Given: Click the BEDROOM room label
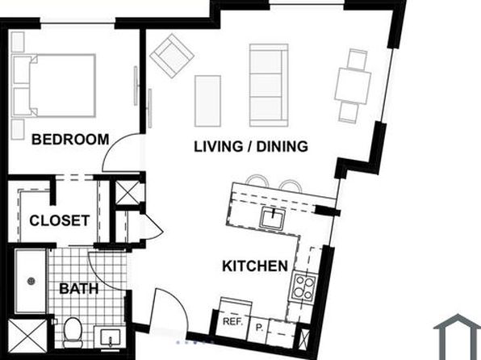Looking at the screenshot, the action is (x=70, y=140).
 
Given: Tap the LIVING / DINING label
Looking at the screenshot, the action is (x=251, y=146).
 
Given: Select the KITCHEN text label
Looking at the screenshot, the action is (x=255, y=266).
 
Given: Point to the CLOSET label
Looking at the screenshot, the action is (x=60, y=220).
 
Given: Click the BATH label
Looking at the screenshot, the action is (x=79, y=289).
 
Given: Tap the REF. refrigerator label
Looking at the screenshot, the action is (x=232, y=321).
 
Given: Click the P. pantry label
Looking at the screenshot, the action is (x=260, y=328).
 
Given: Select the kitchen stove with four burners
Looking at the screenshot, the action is (x=304, y=287).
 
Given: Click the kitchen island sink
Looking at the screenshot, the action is (x=273, y=218).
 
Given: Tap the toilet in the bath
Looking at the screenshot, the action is (x=73, y=333).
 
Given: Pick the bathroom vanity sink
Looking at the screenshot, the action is (x=110, y=338).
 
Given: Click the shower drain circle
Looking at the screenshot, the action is (x=31, y=281).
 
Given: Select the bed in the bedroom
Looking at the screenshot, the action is (x=54, y=86).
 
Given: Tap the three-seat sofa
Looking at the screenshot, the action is (x=269, y=86).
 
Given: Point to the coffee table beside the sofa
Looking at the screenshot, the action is (x=207, y=101).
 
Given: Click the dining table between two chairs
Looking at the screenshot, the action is (x=353, y=86).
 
